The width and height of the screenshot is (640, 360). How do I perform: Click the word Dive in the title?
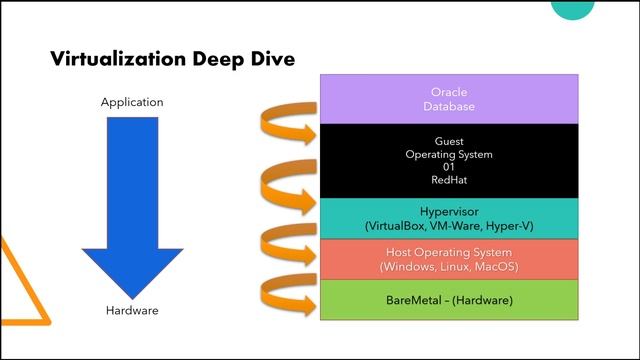pyautogui.click(x=268, y=59)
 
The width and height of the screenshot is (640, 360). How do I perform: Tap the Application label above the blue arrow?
pyautogui.click(x=132, y=103)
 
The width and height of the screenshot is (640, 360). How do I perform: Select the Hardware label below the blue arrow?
pyautogui.click(x=132, y=311)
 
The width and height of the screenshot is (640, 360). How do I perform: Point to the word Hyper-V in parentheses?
pyautogui.click(x=510, y=227)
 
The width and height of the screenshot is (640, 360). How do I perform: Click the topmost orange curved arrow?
pyautogui.click(x=286, y=126)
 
